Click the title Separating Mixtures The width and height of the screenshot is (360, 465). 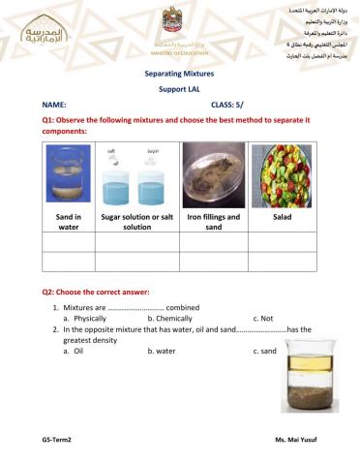point(178,73)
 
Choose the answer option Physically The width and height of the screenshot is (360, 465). point(85,317)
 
